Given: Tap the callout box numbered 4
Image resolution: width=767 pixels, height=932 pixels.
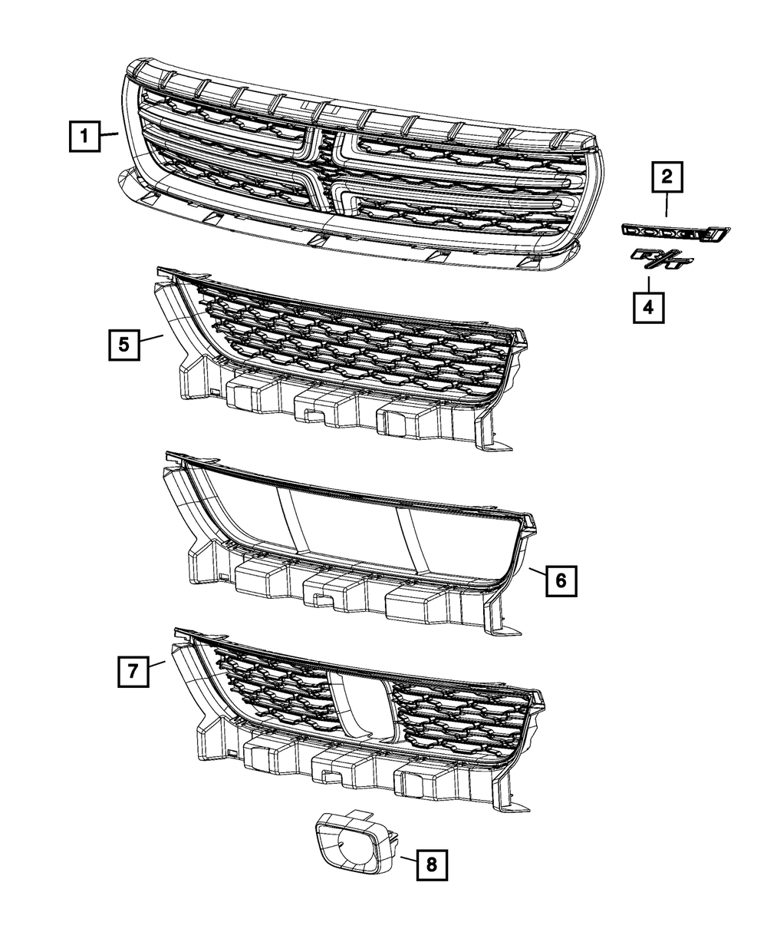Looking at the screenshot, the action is (647, 307).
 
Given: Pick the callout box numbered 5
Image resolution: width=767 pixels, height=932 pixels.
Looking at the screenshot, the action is (123, 345).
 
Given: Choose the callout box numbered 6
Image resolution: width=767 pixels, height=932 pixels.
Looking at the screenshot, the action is (560, 581).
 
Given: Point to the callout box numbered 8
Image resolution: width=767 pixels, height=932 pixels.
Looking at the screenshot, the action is (431, 866).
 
